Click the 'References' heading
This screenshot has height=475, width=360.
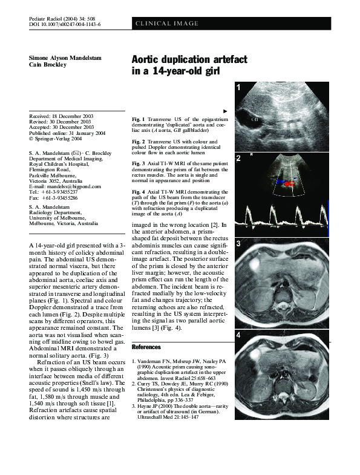click(x=146, y=347)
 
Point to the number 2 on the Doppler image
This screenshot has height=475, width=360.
click(x=239, y=159)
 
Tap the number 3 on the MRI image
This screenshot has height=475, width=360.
click(x=239, y=244)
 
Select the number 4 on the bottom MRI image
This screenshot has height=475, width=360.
click(x=239, y=335)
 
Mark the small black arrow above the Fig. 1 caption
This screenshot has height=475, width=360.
click(x=225, y=111)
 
